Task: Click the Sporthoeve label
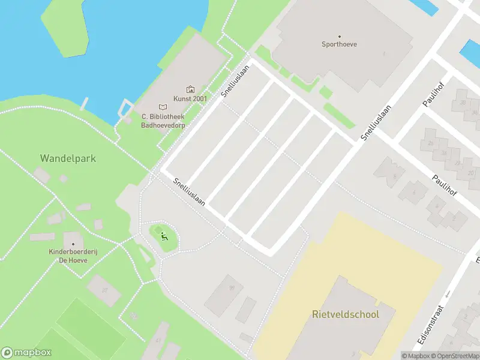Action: pyautogui.click(x=339, y=44)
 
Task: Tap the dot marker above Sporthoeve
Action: pyautogui.click(x=339, y=36)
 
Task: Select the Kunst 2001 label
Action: pyautogui.click(x=190, y=98)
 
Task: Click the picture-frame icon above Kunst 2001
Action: pyautogui.click(x=190, y=89)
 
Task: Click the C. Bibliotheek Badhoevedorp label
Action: pyautogui.click(x=163, y=121)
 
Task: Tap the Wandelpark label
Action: pyautogui.click(x=68, y=158)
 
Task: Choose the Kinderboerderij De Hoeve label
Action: pyautogui.click(x=73, y=256)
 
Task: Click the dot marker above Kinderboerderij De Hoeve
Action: pyautogui.click(x=73, y=244)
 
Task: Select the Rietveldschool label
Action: pyautogui.click(x=345, y=314)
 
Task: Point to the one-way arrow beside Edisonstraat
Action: pyautogui.click(x=447, y=294)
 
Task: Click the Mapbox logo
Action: pyautogui.click(x=26, y=353)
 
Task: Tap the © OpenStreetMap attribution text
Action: pyautogui.click(x=456, y=356)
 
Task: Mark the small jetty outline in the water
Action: pyautogui.click(x=124, y=109)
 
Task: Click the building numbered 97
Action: pyautogui.click(x=104, y=290)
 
